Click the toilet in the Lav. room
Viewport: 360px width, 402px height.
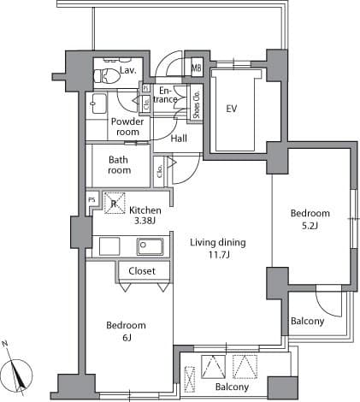(107, 75)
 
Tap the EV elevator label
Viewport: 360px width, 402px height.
(232, 109)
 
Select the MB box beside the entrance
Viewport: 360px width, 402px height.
(197, 68)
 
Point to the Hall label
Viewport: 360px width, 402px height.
(179, 139)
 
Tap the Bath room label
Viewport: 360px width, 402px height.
(120, 165)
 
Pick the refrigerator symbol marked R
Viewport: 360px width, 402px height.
(114, 203)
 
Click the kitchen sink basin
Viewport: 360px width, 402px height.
(150, 246)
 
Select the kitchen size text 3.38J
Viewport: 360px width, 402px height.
(145, 221)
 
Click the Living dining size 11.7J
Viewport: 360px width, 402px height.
(219, 255)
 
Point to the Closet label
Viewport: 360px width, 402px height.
(142, 271)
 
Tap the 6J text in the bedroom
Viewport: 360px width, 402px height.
(127, 338)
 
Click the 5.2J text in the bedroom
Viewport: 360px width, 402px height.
(310, 226)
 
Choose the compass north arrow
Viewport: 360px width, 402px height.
(17, 374)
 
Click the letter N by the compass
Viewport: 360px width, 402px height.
(5, 344)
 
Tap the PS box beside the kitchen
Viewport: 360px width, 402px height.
(91, 200)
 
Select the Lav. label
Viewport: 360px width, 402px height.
(128, 70)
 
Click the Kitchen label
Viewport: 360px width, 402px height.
(145, 210)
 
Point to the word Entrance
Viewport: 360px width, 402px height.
(165, 95)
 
